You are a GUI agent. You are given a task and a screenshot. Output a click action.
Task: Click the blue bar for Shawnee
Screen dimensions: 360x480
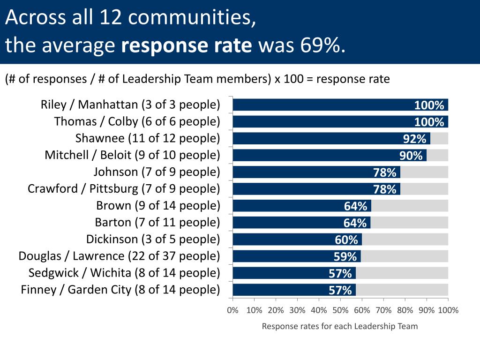pos(328,138)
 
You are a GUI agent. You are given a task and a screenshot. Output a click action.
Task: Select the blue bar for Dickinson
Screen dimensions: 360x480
pos(295,240)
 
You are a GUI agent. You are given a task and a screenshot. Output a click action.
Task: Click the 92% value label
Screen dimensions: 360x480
pos(415,139)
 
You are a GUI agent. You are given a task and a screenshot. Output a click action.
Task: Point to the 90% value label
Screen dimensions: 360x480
pos(411,156)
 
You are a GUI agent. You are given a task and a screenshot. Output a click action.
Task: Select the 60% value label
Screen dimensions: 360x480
pos(346,240)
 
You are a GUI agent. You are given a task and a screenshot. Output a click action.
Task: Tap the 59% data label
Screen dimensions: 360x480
pos(345,257)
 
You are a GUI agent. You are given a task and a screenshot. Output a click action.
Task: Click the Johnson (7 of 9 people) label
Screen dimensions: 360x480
pos(157,172)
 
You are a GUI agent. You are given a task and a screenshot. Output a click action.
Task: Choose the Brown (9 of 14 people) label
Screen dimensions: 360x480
pos(158,205)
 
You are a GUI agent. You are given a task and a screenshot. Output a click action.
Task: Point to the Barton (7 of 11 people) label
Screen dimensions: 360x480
pos(157,222)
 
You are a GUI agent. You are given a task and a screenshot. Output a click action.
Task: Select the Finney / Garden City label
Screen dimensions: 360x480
pos(120,290)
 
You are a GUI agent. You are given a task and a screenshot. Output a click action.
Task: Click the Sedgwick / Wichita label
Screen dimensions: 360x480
pos(124,273)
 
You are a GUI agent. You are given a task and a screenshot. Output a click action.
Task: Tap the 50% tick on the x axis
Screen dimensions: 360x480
pos(340,310)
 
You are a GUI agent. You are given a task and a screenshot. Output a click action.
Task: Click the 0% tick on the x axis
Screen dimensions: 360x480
pos(232,310)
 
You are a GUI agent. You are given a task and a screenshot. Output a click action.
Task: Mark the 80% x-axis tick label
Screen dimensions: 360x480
pos(405,310)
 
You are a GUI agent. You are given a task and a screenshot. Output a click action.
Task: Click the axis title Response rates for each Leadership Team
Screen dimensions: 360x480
pos(339,326)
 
